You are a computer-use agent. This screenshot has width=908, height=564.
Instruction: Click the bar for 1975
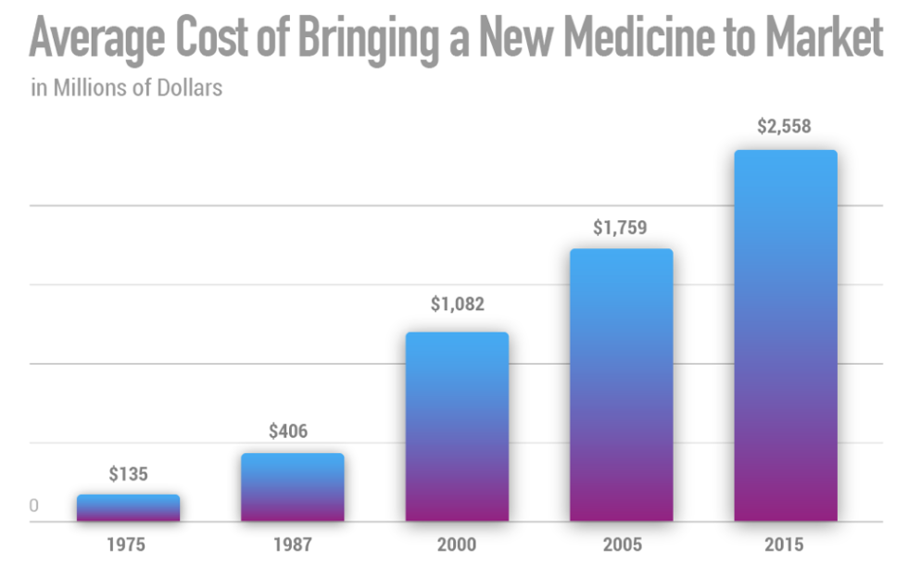(x=128, y=508)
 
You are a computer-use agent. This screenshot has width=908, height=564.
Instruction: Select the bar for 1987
(x=293, y=487)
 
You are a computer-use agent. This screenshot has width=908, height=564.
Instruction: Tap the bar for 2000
(x=457, y=427)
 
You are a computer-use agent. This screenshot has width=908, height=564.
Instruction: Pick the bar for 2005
(x=621, y=385)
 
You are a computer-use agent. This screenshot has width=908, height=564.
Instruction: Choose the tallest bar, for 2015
(x=786, y=335)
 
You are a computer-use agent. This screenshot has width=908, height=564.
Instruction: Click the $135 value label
(x=128, y=474)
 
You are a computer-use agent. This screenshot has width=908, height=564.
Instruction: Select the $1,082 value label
(x=457, y=304)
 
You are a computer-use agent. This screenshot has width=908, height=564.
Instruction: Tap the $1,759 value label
(x=621, y=227)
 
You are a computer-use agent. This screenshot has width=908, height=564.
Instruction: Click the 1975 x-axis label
(x=128, y=545)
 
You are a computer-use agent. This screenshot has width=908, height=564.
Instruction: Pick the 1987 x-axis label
(x=293, y=545)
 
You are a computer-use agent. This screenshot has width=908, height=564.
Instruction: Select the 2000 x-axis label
(x=457, y=545)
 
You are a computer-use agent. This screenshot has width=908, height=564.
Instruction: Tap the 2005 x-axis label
(x=621, y=545)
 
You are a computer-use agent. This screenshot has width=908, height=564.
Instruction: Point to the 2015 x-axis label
(x=786, y=545)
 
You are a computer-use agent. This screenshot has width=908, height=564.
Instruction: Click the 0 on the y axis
(x=34, y=507)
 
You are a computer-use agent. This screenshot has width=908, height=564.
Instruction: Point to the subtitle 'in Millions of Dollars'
(x=126, y=90)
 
